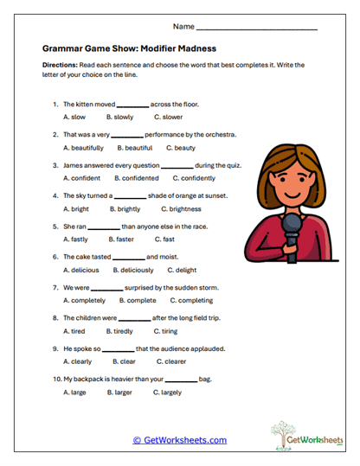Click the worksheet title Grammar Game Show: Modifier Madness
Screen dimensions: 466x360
pos(129,50)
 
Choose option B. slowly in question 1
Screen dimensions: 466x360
pos(120,116)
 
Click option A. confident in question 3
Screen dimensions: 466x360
pos(82,178)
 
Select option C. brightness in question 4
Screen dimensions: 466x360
pos(177,209)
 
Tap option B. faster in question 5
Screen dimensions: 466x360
pos(120,239)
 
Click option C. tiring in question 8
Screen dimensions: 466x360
pos(165,331)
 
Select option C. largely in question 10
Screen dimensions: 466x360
pos(168,393)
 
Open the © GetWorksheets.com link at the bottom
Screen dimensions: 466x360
pos(179,440)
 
